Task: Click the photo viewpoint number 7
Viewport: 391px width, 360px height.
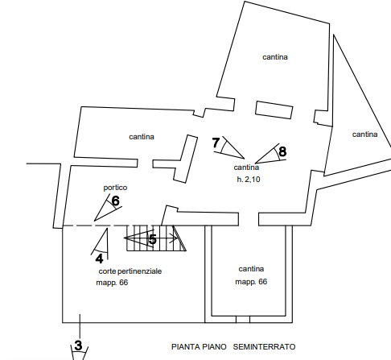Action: point(216,143)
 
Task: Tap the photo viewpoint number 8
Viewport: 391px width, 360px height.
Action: point(282,151)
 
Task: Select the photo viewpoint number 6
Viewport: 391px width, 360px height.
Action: point(115,201)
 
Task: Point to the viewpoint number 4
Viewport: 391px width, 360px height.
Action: point(99,259)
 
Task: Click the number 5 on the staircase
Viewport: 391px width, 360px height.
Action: point(153,239)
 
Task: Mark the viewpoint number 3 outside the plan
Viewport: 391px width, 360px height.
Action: point(78,346)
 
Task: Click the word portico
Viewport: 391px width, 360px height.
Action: point(115,188)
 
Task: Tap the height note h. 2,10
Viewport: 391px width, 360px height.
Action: point(249,179)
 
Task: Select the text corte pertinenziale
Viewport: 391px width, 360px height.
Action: point(130,271)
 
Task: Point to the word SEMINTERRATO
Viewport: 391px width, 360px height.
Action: point(264,347)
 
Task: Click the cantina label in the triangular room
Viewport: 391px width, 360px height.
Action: point(364,134)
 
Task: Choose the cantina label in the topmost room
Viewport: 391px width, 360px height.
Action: point(275,57)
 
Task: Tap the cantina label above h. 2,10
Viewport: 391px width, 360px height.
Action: point(246,168)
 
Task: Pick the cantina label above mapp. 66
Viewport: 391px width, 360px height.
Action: point(251,269)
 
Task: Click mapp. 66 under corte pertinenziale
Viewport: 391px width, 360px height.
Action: point(112,283)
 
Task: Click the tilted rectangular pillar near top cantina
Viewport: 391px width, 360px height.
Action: point(274,110)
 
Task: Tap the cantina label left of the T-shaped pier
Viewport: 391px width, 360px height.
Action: point(142,137)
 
